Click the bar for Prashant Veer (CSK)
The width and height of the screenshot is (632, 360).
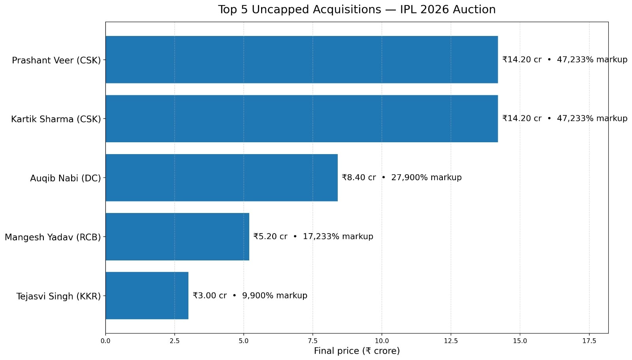(301, 60)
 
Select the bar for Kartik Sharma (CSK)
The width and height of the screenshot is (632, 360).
(301, 119)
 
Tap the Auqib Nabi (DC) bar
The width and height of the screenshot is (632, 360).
(221, 177)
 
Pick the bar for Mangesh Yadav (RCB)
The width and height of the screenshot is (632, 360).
(177, 237)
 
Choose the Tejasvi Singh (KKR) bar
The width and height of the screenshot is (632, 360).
(147, 296)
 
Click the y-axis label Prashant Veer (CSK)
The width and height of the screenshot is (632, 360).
(56, 60)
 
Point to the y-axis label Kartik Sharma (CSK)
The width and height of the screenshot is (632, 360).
(56, 119)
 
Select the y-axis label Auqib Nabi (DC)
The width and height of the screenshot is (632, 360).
(65, 178)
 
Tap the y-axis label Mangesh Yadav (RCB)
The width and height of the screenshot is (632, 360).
(53, 237)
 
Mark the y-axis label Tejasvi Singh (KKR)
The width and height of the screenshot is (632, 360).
(58, 296)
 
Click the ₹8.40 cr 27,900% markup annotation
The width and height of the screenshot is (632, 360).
(401, 177)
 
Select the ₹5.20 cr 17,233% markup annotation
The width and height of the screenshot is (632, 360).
(313, 236)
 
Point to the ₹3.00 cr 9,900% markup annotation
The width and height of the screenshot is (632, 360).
(250, 296)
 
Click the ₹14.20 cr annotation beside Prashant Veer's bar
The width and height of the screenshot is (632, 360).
(564, 60)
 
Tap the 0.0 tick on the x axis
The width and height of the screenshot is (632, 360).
(105, 341)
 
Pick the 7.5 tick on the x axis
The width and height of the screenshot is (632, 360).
(312, 341)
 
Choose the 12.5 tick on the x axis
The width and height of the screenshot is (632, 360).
(451, 341)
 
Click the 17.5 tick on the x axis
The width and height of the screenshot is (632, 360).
(589, 341)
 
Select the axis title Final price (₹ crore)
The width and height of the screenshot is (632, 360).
(357, 351)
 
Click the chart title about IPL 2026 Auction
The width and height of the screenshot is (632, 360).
(357, 9)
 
